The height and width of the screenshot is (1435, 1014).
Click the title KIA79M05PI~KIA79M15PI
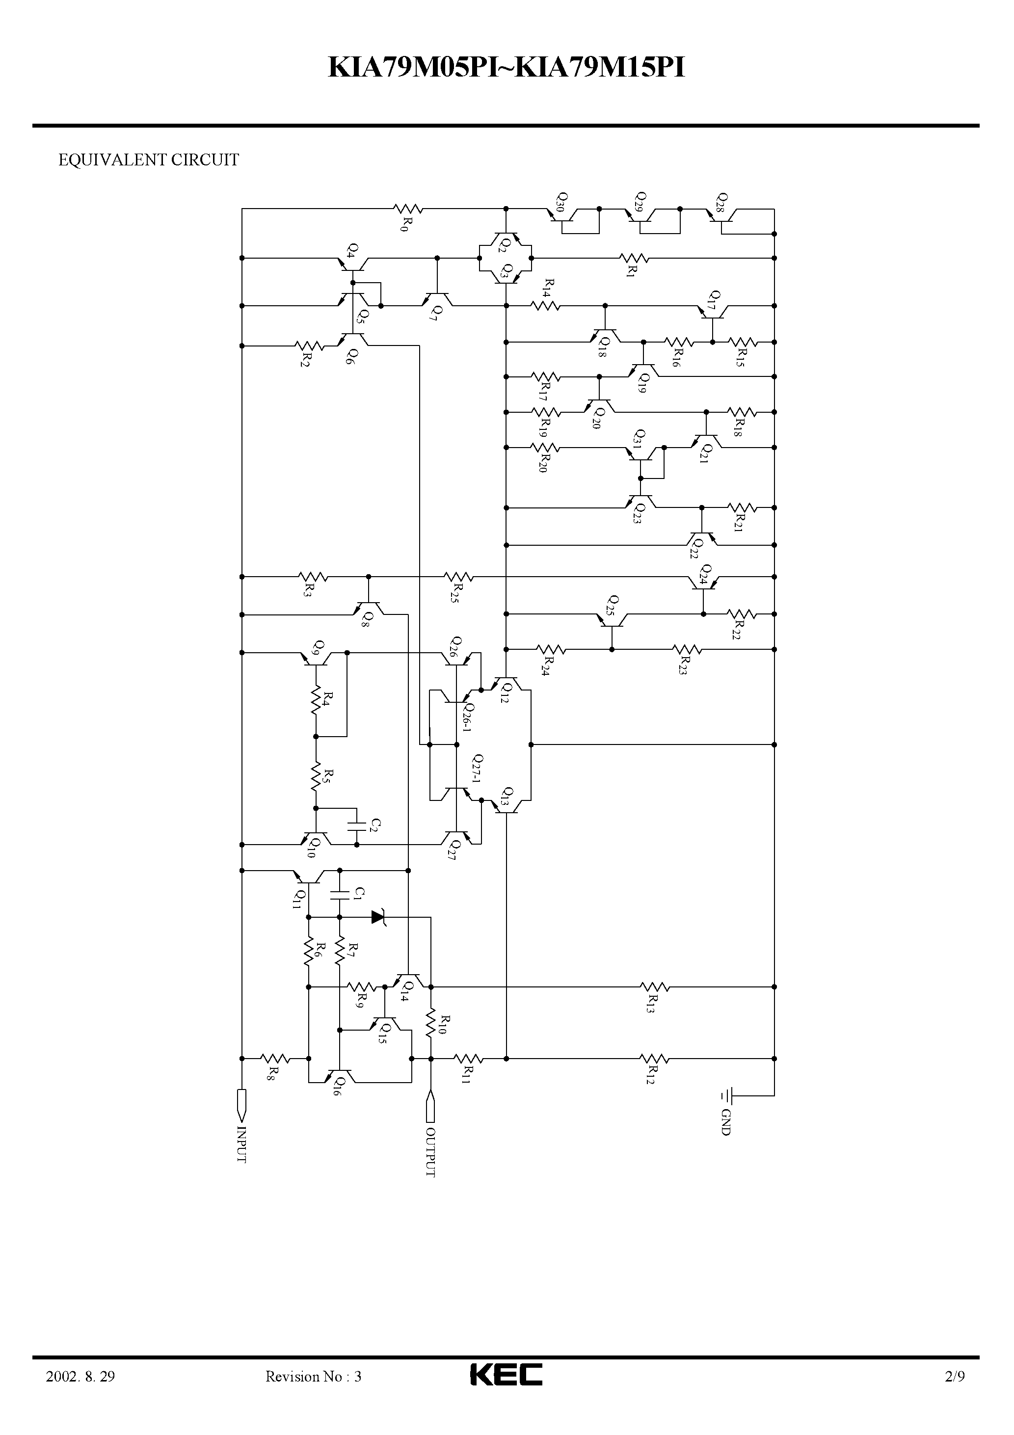click(507, 68)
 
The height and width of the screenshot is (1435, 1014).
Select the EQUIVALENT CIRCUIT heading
click(148, 160)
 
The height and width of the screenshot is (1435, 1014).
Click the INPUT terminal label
click(242, 1144)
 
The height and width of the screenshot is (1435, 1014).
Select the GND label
click(726, 1122)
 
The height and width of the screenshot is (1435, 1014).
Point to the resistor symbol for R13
click(655, 987)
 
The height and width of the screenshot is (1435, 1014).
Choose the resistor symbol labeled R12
click(655, 1059)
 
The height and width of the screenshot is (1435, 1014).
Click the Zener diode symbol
click(378, 917)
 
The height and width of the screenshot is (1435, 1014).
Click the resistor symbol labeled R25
click(458, 576)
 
